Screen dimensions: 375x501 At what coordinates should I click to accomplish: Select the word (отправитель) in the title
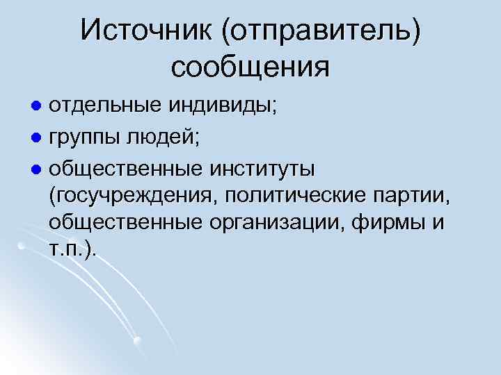tap(322, 31)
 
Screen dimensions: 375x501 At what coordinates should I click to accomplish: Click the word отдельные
tap(104, 108)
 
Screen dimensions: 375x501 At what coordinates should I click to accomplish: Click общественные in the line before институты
tap(125, 168)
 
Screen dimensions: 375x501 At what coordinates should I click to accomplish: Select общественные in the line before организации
tap(125, 223)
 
